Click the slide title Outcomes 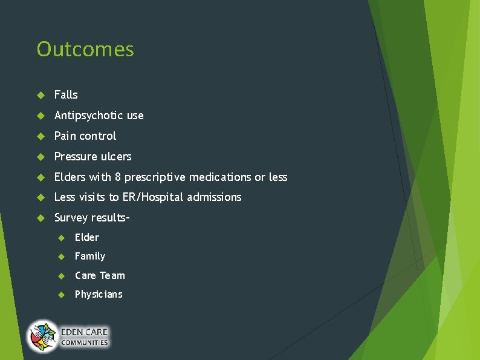(85, 50)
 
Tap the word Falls (66, 95)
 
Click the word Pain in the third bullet (63, 136)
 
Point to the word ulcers (116, 157)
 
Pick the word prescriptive (155, 177)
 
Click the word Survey (71, 218)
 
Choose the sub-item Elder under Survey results (87, 237)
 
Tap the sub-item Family (90, 257)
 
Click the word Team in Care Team (112, 275)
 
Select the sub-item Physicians (99, 295)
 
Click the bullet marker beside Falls (41, 95)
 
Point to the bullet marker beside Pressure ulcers (41, 157)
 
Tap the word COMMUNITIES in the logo (84, 343)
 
